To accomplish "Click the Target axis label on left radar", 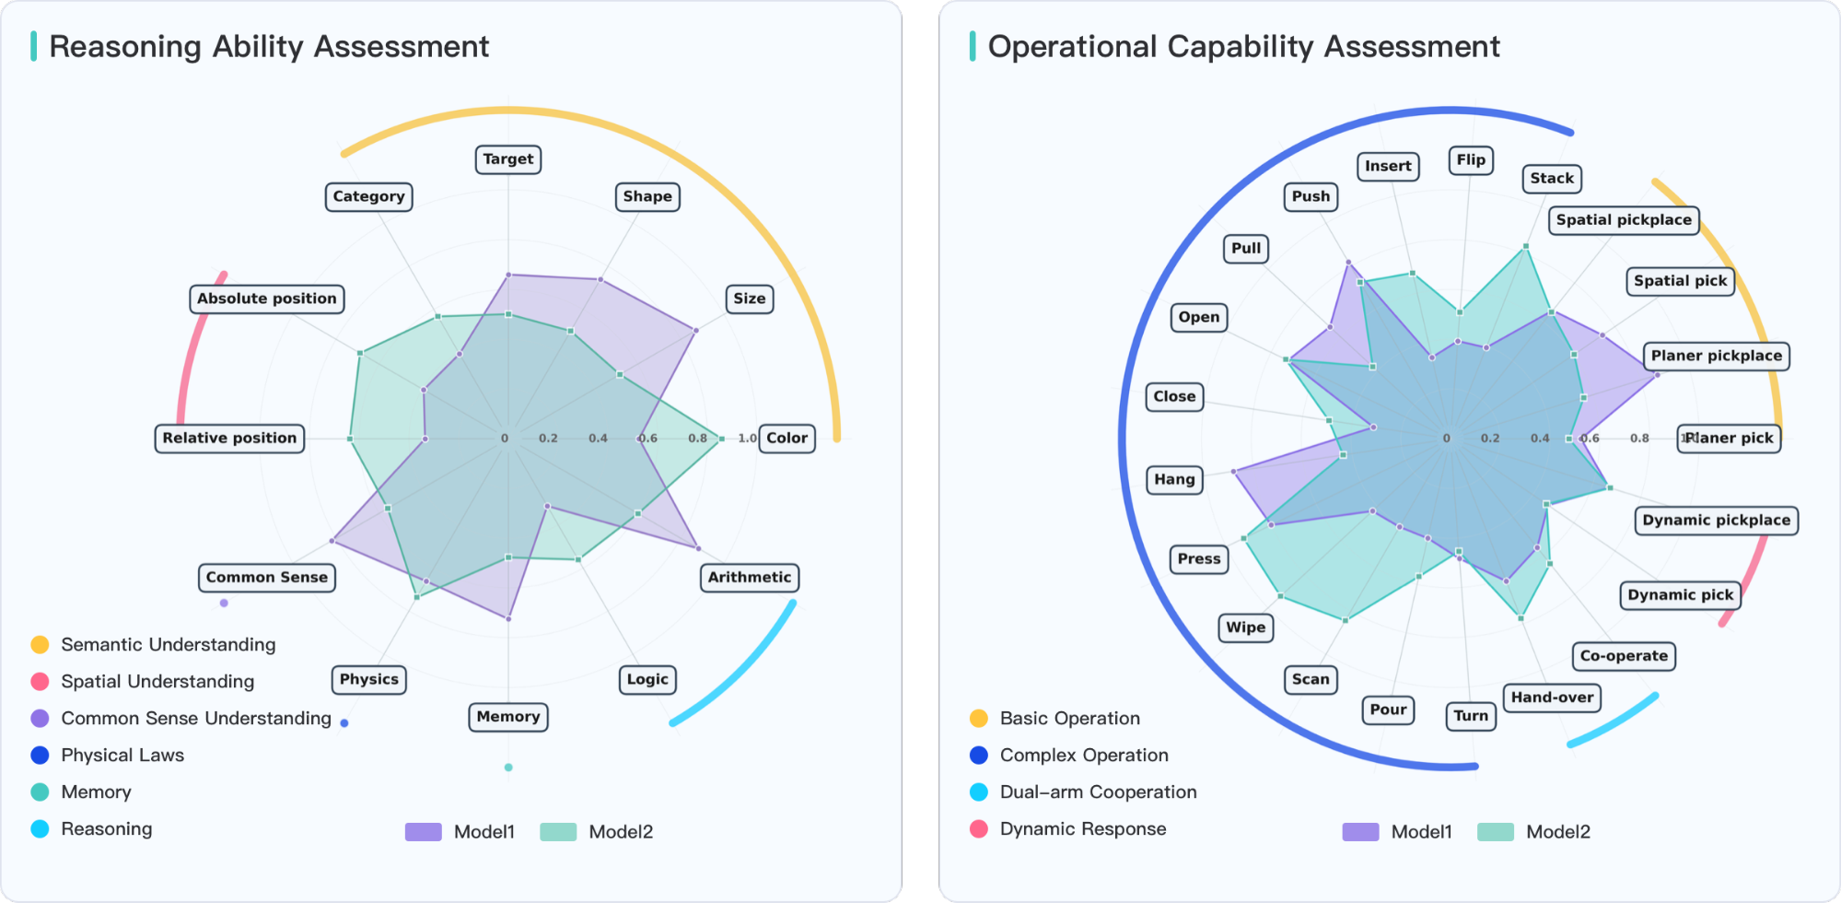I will tap(507, 159).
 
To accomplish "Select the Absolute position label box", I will tap(266, 299).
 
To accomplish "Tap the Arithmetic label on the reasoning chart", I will tap(749, 578).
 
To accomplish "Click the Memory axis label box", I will tap(507, 717).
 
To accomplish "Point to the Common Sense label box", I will tap(266, 578).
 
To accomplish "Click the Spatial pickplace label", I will tap(1623, 220).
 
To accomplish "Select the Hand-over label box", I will tap(1551, 698).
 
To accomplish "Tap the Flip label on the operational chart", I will tap(1470, 160).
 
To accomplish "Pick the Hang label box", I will tap(1174, 479).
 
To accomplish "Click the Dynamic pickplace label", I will tap(1716, 521).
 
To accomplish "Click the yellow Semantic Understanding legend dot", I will tap(40, 645).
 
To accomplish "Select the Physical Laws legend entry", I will tap(122, 756).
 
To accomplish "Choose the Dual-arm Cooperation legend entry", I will tap(1098, 792).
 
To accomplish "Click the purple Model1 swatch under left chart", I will tap(423, 832).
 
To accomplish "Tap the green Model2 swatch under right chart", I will tap(1495, 832).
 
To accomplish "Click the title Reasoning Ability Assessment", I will tap(268, 47).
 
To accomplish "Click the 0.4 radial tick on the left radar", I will tap(598, 439).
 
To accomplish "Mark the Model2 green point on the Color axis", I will tap(721, 439).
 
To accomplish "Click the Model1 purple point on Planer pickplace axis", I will tap(1657, 375).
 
